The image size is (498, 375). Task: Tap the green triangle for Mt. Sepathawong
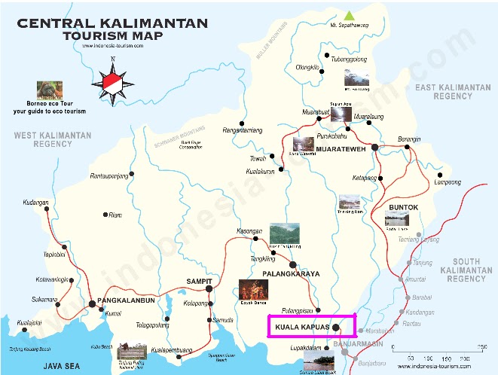click(x=348, y=14)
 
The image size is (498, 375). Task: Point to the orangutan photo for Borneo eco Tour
click(x=50, y=91)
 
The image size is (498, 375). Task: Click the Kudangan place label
click(x=35, y=203)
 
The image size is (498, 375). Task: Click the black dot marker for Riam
click(x=105, y=215)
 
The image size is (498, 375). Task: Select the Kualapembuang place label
click(x=172, y=351)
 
